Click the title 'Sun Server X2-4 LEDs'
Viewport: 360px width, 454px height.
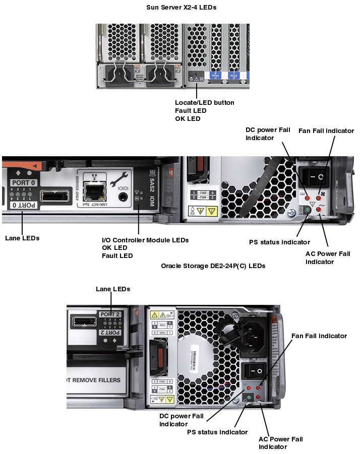pyautogui.click(x=181, y=7)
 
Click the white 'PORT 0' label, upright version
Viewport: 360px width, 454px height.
pyautogui.click(x=24, y=182)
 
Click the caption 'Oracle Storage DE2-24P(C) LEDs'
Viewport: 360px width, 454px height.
pyautogui.click(x=213, y=266)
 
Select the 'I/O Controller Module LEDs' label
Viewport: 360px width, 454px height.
pyautogui.click(x=145, y=240)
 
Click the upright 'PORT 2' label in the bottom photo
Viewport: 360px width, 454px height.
pyautogui.click(x=111, y=314)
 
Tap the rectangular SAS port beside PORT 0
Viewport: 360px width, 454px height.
pyautogui.click(x=53, y=196)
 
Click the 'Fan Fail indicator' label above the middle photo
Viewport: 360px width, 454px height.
pyautogui.click(x=326, y=131)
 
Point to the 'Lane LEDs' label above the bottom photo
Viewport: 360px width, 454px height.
pyautogui.click(x=113, y=289)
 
